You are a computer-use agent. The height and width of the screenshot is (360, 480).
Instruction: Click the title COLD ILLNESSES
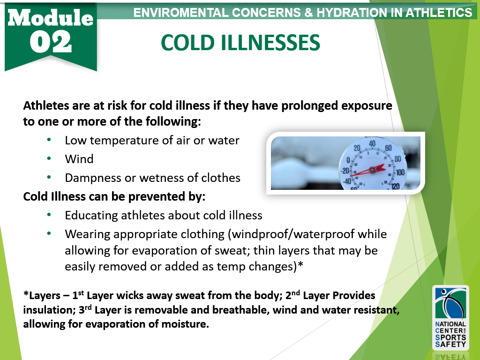pos(240,43)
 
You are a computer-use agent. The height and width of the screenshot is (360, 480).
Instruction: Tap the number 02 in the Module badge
pos(51,42)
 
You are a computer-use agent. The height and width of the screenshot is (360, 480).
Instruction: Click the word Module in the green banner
pos(51,18)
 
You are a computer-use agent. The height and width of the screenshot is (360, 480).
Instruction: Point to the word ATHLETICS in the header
pos(439,13)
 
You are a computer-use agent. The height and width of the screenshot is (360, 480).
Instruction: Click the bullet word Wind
pos(79,159)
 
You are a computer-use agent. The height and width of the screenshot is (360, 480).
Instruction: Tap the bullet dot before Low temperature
pos(49,140)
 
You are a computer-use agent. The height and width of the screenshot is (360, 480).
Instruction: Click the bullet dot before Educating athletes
pos(49,215)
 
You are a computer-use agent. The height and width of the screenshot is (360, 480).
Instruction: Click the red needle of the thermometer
pos(367,171)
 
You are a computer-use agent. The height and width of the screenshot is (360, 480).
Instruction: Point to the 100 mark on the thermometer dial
pos(400,172)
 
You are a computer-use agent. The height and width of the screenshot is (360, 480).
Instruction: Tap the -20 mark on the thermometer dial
pos(345,171)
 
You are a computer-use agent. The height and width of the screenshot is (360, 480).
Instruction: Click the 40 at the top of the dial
pos(372,143)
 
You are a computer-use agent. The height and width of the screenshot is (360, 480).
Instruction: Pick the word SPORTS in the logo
pos(450,337)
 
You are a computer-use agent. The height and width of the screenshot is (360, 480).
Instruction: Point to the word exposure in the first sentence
pos(367,106)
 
